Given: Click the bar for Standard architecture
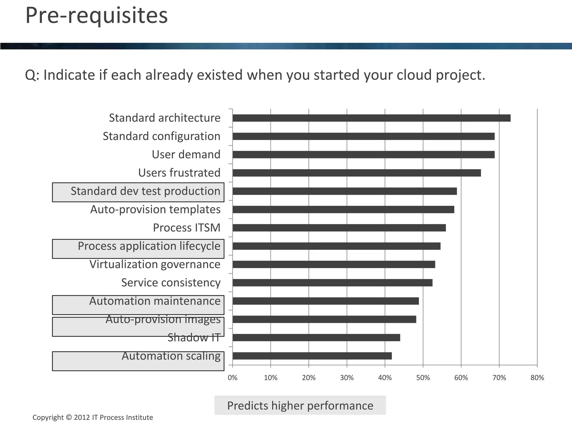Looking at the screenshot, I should point(371,118).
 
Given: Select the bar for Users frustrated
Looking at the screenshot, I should point(357,173).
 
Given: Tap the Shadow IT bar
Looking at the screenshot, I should point(316,338).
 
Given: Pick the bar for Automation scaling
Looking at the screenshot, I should point(312,356).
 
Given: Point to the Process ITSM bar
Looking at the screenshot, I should point(339,228).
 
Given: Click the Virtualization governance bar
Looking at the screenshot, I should point(334,264).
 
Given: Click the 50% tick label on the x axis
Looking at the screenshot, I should point(423,378).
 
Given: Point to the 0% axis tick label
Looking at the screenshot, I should point(232,378).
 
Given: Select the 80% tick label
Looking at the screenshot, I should point(537,378).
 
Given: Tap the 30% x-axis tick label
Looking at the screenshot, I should point(347,378).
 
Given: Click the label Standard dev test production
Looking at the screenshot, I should point(146,191).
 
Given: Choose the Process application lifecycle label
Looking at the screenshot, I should point(149,246).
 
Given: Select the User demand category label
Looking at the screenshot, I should point(186,155).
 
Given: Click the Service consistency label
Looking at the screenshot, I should point(171,283).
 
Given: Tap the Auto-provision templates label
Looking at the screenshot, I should point(155,210).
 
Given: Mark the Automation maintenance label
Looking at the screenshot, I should point(155,301).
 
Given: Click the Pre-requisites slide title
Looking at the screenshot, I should point(97,15).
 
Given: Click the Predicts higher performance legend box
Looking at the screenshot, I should point(300,406).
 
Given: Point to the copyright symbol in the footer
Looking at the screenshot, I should point(69,418).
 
